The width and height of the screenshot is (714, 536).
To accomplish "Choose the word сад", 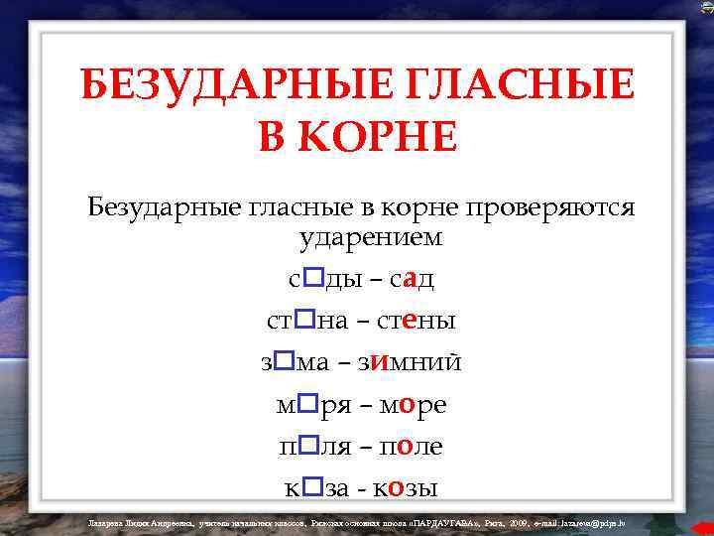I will click(x=412, y=280).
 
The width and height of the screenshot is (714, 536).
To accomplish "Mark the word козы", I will click(x=407, y=488).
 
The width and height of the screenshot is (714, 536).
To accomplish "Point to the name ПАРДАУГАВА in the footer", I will click(x=458, y=521).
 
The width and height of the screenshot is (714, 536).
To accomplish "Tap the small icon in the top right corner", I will click(x=705, y=7).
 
